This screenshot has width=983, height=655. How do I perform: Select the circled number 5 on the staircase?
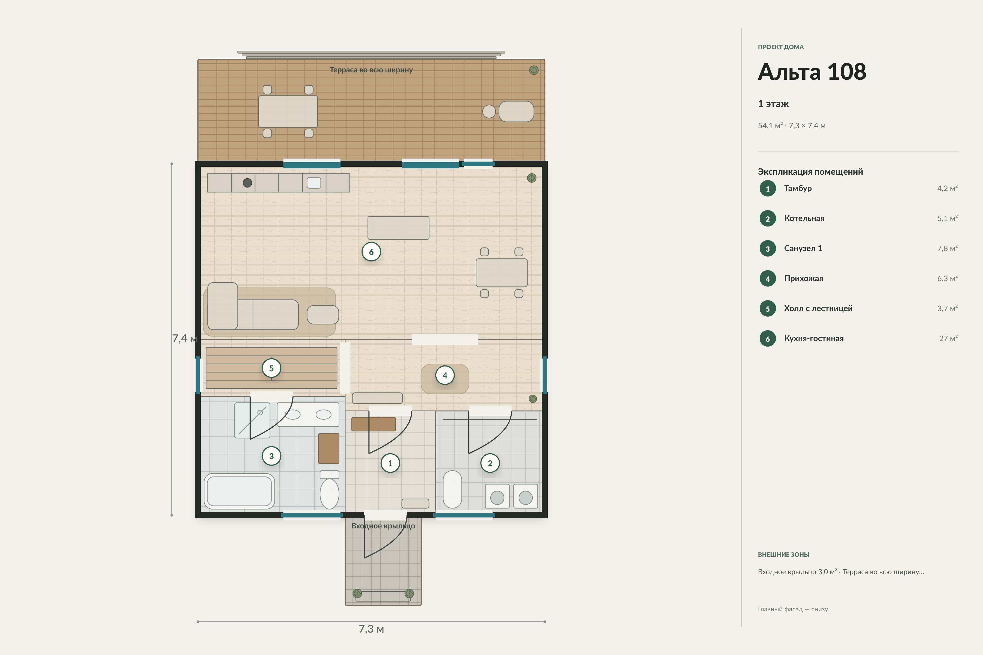[x=271, y=368]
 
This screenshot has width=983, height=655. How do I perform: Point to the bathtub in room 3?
[x=239, y=491]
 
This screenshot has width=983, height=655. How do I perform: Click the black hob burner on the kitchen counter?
[x=247, y=183]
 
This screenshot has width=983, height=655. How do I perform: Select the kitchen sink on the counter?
[x=314, y=183]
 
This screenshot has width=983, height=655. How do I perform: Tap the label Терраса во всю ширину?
[x=371, y=70]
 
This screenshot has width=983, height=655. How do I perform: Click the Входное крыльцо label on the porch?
[x=383, y=526]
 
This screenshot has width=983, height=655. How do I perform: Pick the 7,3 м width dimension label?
[x=371, y=629]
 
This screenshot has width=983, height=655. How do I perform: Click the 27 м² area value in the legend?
[x=948, y=338]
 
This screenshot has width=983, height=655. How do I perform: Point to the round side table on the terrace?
[x=489, y=112]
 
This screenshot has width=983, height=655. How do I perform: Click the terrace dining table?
[x=288, y=112]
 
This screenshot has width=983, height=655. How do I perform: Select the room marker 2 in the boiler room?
[x=490, y=463]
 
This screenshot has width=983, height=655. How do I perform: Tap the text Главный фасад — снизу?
[x=793, y=609]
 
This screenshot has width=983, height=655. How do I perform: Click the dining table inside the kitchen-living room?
[x=502, y=273]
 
